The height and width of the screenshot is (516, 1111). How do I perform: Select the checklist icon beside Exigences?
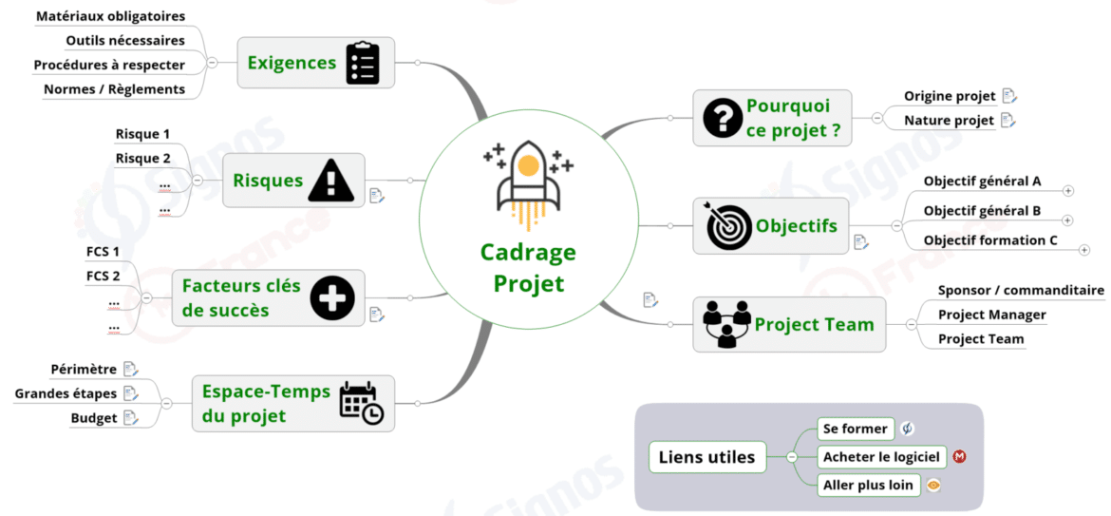[x=363, y=63]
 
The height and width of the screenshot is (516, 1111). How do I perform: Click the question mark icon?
[x=723, y=118]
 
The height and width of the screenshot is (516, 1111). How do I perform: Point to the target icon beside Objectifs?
[x=728, y=226]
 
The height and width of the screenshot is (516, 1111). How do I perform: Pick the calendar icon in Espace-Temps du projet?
[x=361, y=403]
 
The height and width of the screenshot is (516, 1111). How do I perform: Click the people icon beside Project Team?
[x=727, y=324]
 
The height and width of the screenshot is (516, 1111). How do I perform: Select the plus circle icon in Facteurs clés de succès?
[x=332, y=298]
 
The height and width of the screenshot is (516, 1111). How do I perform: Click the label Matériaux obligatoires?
[x=110, y=16]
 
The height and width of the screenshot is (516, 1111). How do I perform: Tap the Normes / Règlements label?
[x=114, y=88]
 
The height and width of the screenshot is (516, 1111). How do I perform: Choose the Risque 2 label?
[x=142, y=158]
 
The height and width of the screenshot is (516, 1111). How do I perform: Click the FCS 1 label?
[x=103, y=252]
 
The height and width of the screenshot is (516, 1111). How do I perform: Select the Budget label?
[x=94, y=417]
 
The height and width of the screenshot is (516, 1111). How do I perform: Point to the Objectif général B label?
[x=982, y=210]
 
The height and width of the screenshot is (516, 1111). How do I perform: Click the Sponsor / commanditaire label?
[x=1021, y=290]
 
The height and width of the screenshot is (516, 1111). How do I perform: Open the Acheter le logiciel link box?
[x=882, y=457]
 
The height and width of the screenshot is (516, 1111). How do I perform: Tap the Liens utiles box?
[x=706, y=457]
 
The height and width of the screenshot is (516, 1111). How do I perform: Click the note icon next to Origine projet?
[x=1009, y=96]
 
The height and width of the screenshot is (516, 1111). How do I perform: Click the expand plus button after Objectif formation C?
[x=1084, y=250]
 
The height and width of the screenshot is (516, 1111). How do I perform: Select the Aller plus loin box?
[x=868, y=485]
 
